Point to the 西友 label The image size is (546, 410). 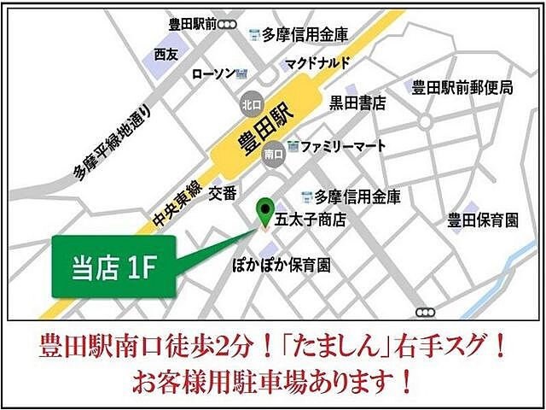pos(167,54)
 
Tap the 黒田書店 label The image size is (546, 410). pos(358,103)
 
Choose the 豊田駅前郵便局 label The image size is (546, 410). pos(462,87)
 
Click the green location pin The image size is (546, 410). pos(266,210)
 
